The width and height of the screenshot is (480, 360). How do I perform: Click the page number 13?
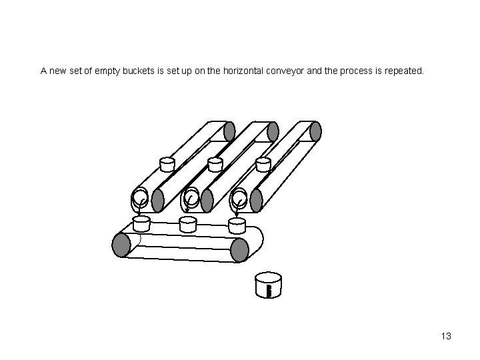pos(446,336)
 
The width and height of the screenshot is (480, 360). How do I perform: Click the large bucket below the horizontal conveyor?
pos(268,285)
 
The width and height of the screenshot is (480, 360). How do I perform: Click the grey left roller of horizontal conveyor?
pos(121,245)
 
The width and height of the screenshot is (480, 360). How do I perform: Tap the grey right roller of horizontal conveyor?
pos(239,249)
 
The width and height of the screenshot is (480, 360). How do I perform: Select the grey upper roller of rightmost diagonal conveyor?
pos(315,131)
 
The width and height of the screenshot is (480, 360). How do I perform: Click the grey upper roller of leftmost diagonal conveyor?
pos(229,131)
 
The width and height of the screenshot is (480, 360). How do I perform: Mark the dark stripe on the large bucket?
pos(268,291)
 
